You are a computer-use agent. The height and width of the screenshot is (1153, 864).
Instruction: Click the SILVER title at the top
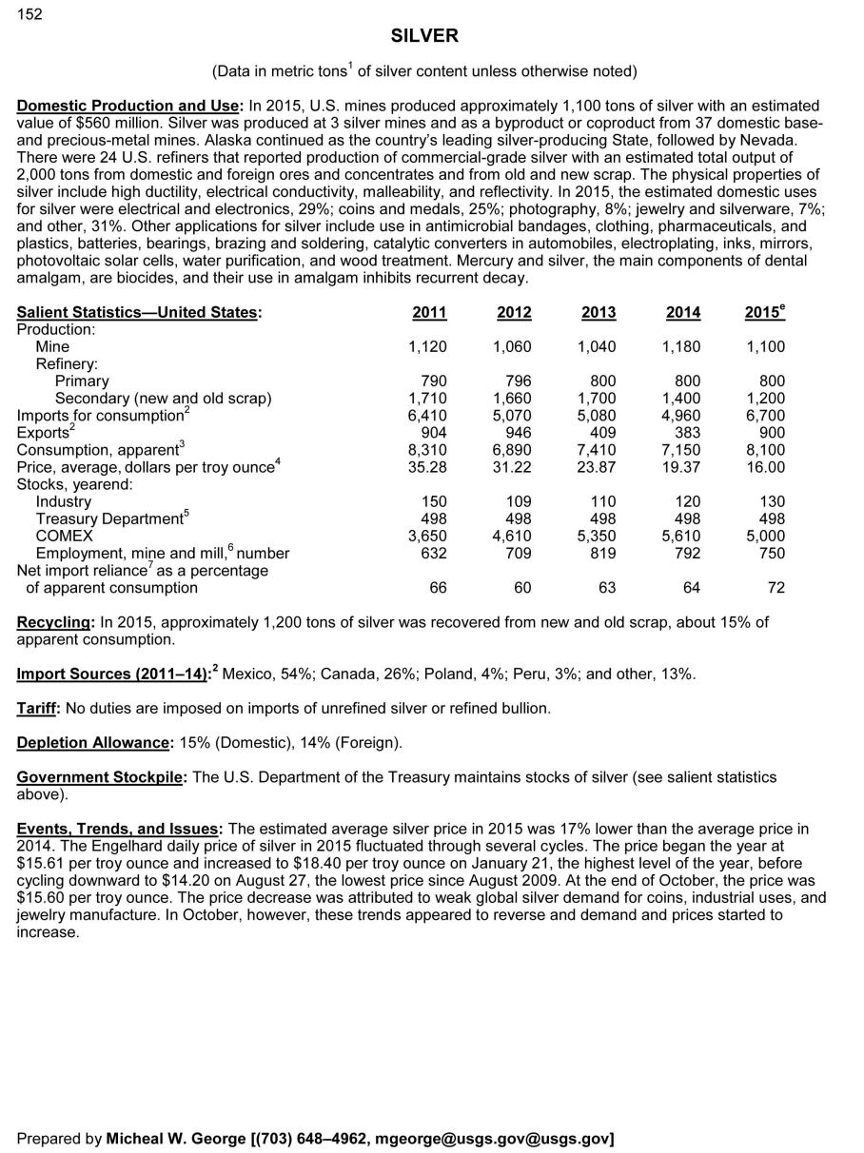tap(424, 36)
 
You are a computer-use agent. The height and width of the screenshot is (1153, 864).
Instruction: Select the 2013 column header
tap(599, 313)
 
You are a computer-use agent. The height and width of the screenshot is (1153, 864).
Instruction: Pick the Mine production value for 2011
tap(427, 347)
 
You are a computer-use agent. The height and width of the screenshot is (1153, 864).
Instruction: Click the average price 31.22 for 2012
tap(512, 467)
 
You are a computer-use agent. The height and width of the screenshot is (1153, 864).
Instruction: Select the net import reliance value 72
tap(776, 588)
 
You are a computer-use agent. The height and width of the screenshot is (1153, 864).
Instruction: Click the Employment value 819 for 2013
tap(602, 553)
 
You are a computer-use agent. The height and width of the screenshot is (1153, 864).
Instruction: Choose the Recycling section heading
tap(54, 623)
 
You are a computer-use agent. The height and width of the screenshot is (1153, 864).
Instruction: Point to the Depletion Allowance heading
tap(93, 743)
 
